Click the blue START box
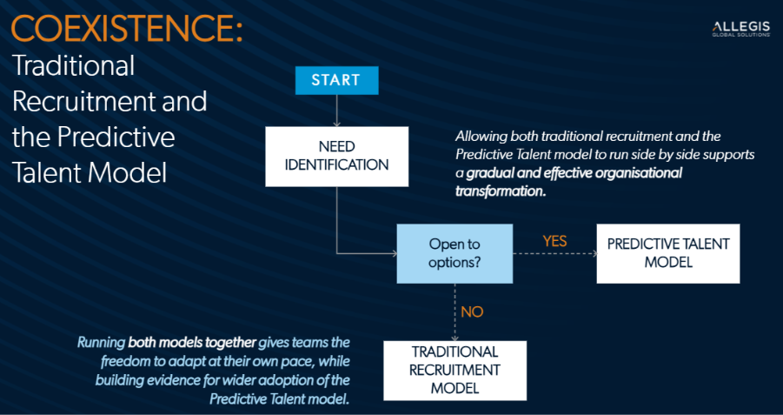(335, 80)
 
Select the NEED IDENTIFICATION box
(336, 156)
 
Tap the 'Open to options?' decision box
(454, 253)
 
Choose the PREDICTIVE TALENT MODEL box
(668, 253)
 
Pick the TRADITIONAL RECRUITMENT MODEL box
(455, 370)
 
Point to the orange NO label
(471, 311)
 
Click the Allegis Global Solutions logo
(740, 30)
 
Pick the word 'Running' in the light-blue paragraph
(101, 342)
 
